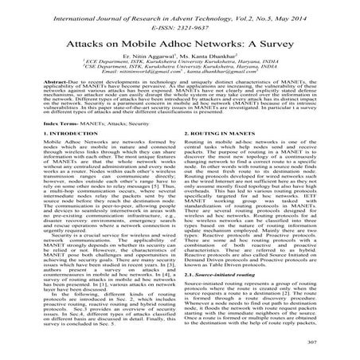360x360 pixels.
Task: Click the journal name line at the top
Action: click(180, 7)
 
